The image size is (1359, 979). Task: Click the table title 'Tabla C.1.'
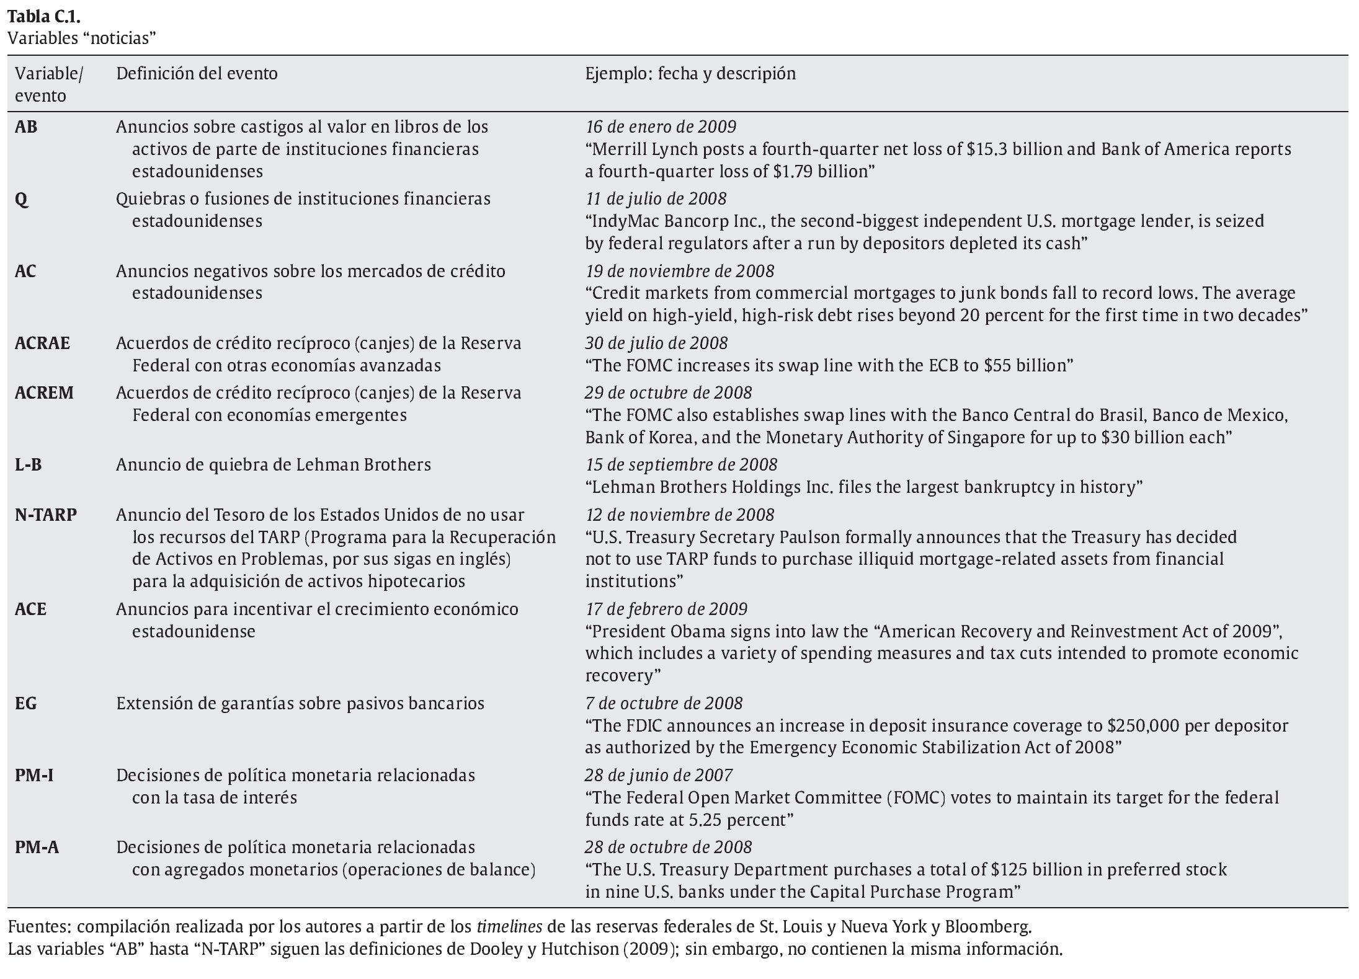pos(44,16)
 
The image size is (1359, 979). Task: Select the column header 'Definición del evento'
pos(197,74)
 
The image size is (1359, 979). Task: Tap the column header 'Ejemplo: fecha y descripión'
pos(690,74)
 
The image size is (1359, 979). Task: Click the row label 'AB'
pos(26,127)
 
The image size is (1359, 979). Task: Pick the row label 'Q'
pos(21,200)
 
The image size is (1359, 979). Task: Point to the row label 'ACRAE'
pos(42,343)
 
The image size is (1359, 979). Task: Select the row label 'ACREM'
pos(44,393)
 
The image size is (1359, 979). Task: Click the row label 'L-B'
pos(29,465)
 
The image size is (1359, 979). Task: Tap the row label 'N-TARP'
pos(46,515)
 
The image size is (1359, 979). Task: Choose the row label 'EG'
pos(26,704)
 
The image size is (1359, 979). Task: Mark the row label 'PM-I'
pos(34,776)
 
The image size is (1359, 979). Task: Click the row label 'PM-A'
pos(37,848)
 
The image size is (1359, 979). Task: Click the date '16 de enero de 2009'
pos(661,127)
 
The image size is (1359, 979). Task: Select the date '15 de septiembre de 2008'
pos(681,465)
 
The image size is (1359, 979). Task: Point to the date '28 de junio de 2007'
pos(658,776)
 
